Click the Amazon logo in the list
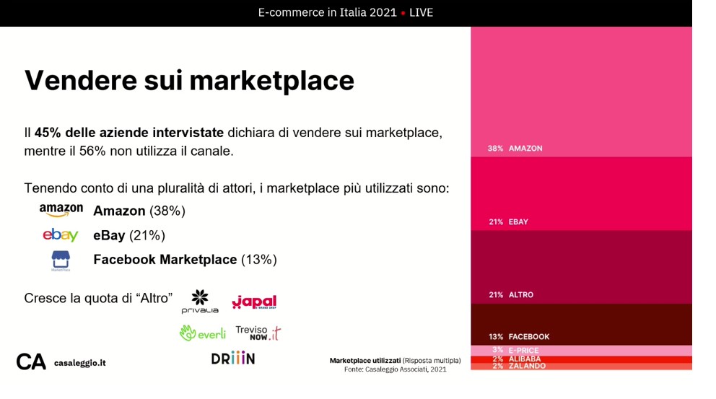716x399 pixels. [61, 210]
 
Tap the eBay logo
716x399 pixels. [61, 234]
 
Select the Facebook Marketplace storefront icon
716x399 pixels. [61, 260]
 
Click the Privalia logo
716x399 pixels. [200, 302]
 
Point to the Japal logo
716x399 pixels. [254, 302]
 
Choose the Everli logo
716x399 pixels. [203, 333]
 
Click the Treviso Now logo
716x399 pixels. [258, 333]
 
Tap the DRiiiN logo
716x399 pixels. [233, 358]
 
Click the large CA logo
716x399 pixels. [31, 362]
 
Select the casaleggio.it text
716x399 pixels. [80, 363]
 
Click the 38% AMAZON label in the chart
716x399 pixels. [515, 149]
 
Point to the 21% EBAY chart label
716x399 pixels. [508, 222]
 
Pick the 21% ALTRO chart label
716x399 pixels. [511, 295]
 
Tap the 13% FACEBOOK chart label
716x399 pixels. [519, 337]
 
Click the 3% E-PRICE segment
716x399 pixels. [581, 351]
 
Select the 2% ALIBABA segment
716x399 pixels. [581, 359]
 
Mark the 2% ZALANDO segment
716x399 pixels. [581, 366]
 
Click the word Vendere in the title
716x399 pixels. [81, 80]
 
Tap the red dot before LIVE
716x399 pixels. [403, 13]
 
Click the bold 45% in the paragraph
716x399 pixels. [48, 133]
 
